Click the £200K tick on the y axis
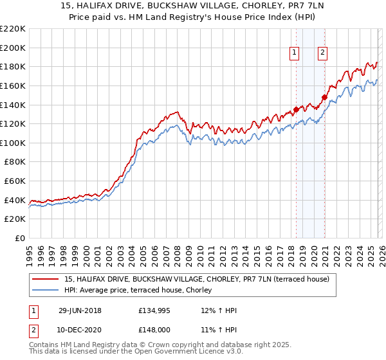click(14, 48)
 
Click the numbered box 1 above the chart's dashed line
click(295, 53)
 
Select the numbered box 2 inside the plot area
click(322, 53)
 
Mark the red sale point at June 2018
click(296, 109)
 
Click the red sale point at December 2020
click(324, 98)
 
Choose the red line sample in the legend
click(46, 279)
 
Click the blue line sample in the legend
click(46, 290)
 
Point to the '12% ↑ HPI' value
click(219, 310)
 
